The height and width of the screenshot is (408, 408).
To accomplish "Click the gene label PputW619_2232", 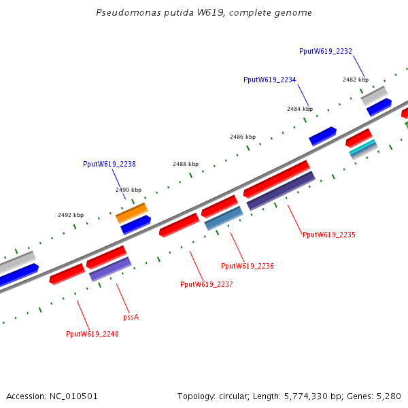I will pyautogui.click(x=325, y=51).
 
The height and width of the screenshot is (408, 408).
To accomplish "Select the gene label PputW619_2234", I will pyautogui.click(x=269, y=80).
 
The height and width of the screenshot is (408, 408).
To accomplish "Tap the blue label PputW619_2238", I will pyautogui.click(x=109, y=164).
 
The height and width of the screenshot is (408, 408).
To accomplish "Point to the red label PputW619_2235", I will pyautogui.click(x=328, y=235).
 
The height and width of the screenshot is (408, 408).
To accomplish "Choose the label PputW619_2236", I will pyautogui.click(x=248, y=266).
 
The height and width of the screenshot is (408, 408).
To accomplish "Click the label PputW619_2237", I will pyautogui.click(x=206, y=284).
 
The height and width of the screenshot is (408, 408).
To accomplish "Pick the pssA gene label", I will pyautogui.click(x=131, y=317).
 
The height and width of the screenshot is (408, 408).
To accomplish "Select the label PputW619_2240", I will pyautogui.click(x=92, y=334).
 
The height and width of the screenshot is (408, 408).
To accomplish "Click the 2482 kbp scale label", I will pyautogui.click(x=356, y=80).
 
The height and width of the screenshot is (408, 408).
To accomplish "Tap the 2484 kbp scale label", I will pyautogui.click(x=299, y=109).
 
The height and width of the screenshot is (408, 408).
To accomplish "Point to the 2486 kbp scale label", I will pyautogui.click(x=243, y=137).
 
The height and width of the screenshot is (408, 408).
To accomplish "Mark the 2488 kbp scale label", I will pyautogui.click(x=186, y=164).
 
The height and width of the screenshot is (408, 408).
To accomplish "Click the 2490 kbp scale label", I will pyautogui.click(x=129, y=190).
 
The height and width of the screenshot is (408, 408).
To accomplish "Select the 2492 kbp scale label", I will pyautogui.click(x=71, y=215).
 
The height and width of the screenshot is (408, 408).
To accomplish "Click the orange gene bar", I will pyautogui.click(x=131, y=213).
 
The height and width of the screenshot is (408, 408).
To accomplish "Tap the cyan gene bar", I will pyautogui.click(x=362, y=148).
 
